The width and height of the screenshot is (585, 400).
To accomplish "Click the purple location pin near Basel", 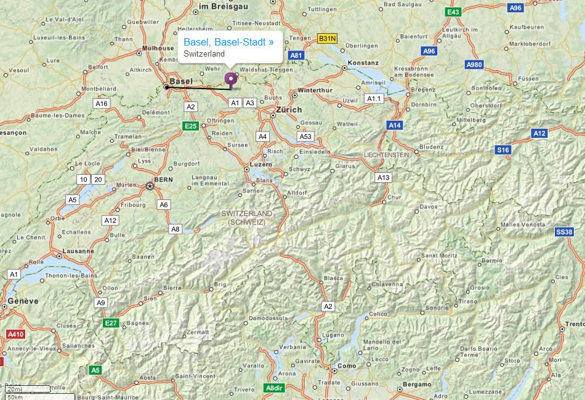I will pos(231,79).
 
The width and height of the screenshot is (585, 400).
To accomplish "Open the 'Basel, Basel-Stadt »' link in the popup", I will pos(228,42).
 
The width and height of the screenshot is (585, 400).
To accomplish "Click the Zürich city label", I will pos(289,110).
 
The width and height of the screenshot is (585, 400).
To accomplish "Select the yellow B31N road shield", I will pos(327,39).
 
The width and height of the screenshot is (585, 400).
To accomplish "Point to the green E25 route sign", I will pos(191,126).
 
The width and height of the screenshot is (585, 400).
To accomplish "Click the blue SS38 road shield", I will pos(564,231).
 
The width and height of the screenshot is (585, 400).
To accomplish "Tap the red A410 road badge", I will pos(15,334).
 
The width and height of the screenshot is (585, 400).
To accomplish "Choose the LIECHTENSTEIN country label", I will pos(387,155).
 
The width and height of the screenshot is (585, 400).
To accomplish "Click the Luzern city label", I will pos(260,166).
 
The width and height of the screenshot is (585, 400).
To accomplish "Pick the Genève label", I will pos(24,301).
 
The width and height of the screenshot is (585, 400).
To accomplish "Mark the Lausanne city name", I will pos(79,251).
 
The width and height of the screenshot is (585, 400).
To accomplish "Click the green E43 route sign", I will pos(454,12).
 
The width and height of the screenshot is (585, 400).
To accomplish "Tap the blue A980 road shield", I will pos(474,65).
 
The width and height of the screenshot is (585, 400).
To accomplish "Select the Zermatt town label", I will pos(198,332).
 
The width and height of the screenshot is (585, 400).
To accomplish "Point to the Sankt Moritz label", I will pos(439,255).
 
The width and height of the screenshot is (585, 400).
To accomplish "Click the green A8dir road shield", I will pos(274,388).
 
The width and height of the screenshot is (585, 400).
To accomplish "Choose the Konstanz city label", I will pos(363,63).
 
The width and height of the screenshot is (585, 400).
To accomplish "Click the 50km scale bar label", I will pos(15,396).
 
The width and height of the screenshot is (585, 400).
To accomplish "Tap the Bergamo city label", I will pos(417,385).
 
